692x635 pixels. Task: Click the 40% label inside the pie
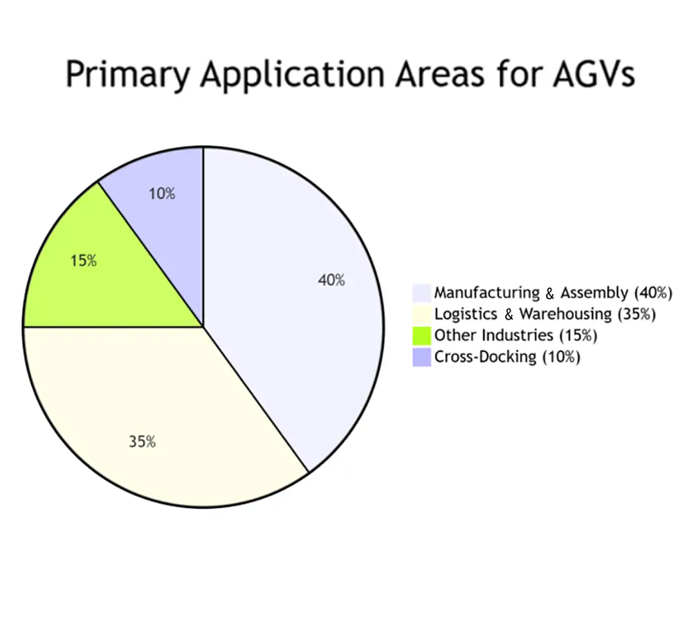point(331,280)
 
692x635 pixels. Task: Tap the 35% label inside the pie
point(142,442)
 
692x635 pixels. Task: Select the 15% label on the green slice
point(84,261)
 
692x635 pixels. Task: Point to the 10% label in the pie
point(162,194)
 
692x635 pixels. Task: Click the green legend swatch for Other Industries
point(421,336)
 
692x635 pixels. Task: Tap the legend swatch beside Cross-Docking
point(421,358)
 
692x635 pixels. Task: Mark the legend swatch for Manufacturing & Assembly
point(421,293)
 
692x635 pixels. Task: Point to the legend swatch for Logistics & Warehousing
point(421,314)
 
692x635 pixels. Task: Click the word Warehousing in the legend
point(565,314)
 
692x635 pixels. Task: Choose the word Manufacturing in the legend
point(486,293)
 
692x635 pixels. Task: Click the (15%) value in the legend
point(577,336)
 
